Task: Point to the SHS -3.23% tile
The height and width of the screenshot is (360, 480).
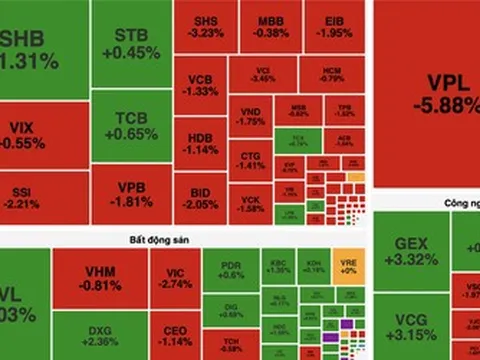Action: [x=204, y=27]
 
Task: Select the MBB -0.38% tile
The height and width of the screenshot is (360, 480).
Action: [x=270, y=27]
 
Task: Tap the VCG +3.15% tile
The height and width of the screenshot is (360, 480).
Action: [x=410, y=325]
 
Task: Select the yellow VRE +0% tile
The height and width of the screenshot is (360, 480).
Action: [x=349, y=264]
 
